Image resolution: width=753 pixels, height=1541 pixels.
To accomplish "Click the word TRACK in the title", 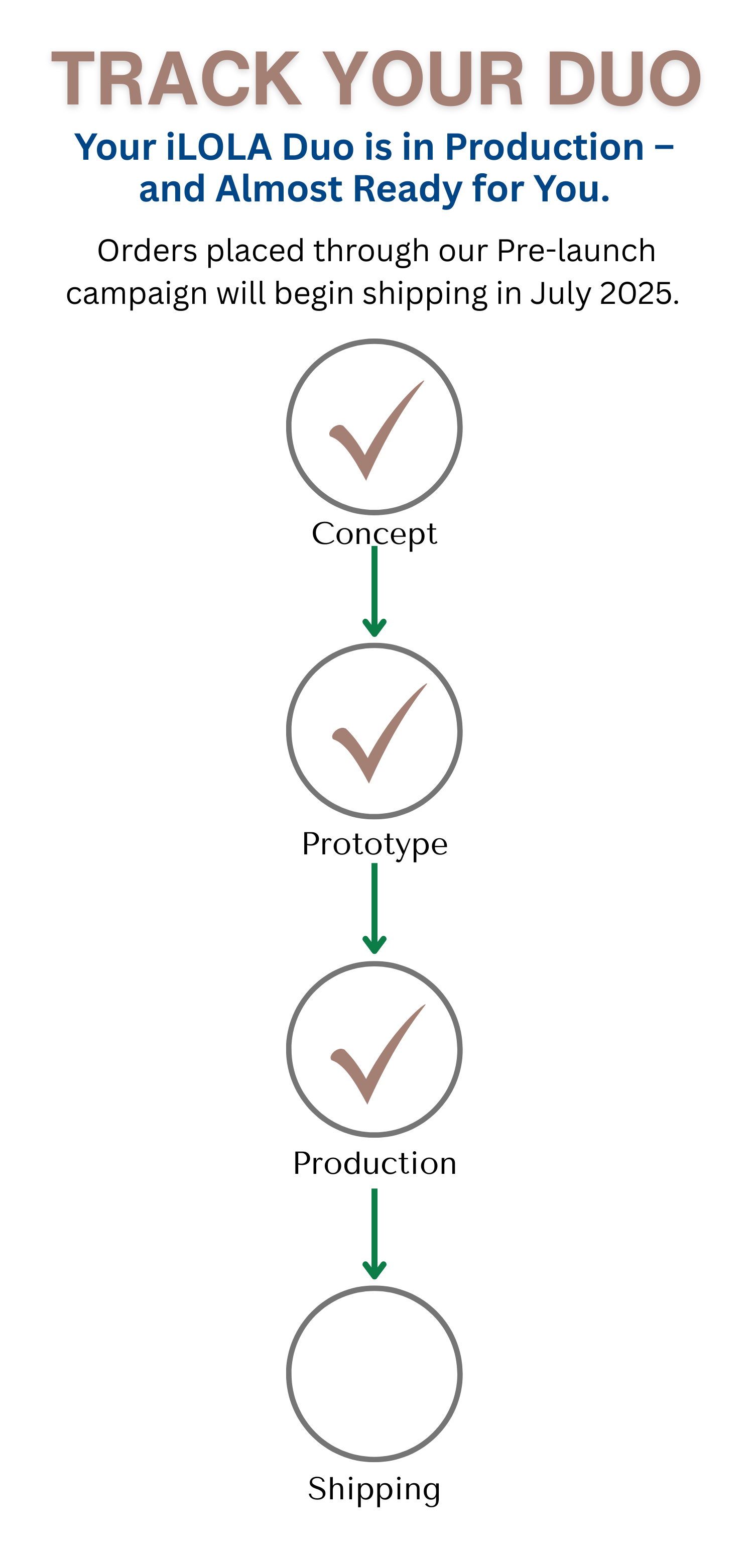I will (176, 79).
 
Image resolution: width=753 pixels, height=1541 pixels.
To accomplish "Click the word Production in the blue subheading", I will (544, 147).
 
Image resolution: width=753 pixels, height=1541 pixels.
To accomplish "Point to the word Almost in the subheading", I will (279, 189).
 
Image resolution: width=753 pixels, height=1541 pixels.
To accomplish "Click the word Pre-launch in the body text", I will (576, 251).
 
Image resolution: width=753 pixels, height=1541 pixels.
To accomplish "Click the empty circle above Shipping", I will (374, 1373).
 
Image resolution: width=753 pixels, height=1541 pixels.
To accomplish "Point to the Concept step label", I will (374, 533).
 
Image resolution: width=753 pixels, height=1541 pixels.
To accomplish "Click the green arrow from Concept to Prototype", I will (374, 592).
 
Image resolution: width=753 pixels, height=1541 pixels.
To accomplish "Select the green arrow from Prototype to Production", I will (374, 909).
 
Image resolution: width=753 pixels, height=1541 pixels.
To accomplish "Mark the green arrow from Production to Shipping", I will (374, 1234).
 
